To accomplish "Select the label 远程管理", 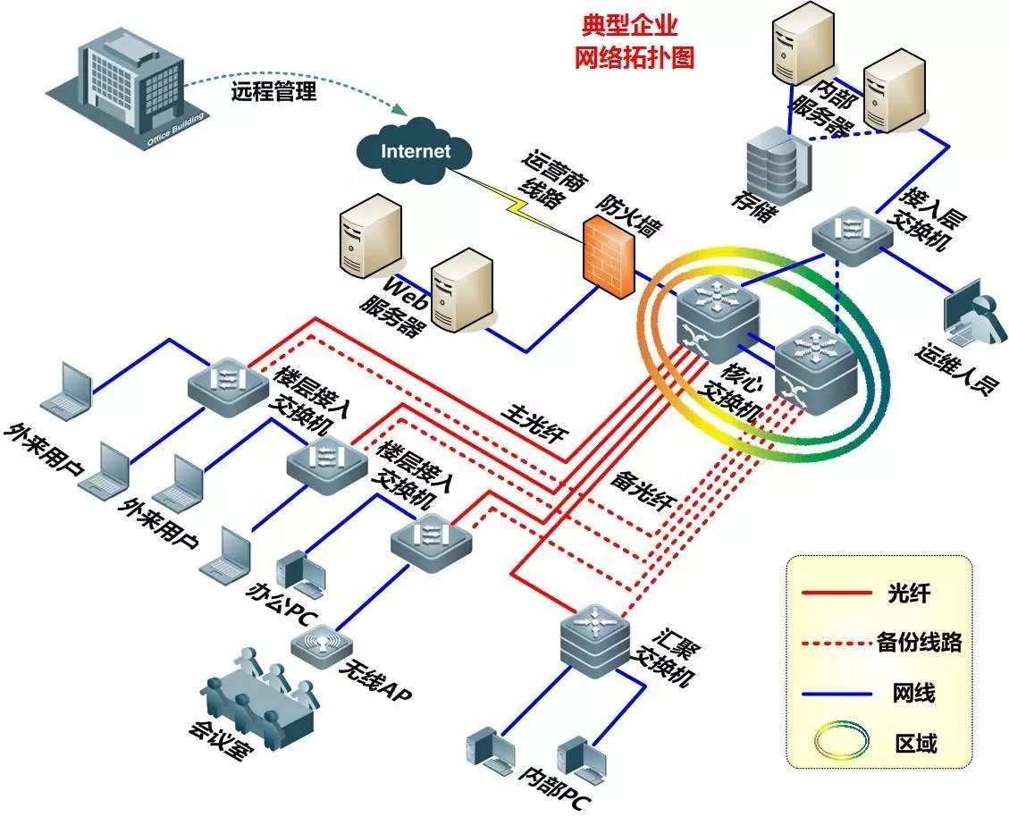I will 273,91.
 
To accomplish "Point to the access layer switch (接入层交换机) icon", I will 851,231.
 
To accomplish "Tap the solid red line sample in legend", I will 837,592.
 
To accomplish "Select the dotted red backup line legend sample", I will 837,642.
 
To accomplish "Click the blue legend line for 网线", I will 837,691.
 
